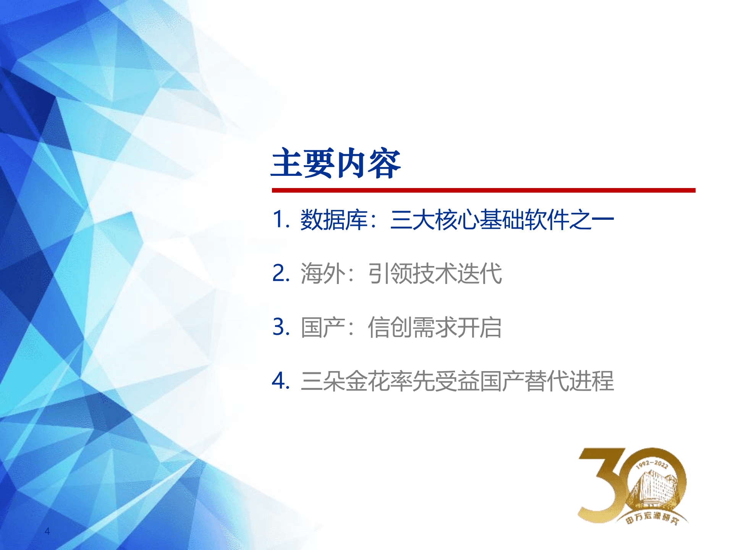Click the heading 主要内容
pyautogui.click(x=335, y=164)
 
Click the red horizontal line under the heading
pyautogui.click(x=483, y=190)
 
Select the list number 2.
pyautogui.click(x=280, y=273)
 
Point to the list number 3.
pyautogui.click(x=280, y=327)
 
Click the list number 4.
pyautogui.click(x=280, y=381)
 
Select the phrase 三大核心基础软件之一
pyautogui.click(x=502, y=220)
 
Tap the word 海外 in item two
pyautogui.click(x=322, y=274)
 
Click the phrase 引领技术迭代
pyautogui.click(x=435, y=274)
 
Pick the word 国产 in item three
pyautogui.click(x=322, y=328)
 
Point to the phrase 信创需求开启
pyautogui.click(x=435, y=328)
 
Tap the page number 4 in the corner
pyautogui.click(x=47, y=531)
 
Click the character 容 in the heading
pyautogui.click(x=384, y=164)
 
